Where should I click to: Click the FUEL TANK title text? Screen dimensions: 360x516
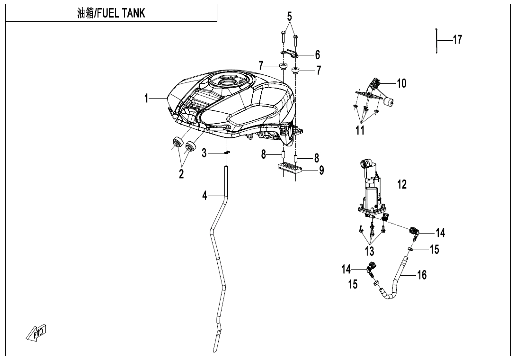click(x=111, y=13)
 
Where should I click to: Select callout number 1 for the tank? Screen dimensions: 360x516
click(x=147, y=98)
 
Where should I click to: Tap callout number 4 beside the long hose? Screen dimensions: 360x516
click(x=205, y=195)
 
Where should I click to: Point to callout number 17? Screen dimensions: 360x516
click(x=457, y=40)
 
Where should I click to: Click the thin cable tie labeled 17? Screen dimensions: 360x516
click(x=436, y=42)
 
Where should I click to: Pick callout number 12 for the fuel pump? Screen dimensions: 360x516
click(x=402, y=184)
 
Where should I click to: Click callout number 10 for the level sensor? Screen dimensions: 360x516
click(x=401, y=84)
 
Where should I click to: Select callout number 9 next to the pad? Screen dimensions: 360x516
click(x=321, y=170)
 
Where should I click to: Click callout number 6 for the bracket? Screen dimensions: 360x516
click(x=318, y=55)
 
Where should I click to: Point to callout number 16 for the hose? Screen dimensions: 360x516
click(x=422, y=274)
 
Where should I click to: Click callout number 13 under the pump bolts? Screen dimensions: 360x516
click(x=370, y=251)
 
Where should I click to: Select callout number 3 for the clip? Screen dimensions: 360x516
click(x=204, y=153)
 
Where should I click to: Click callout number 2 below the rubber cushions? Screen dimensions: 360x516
click(x=181, y=174)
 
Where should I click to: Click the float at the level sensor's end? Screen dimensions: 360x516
click(x=391, y=101)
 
